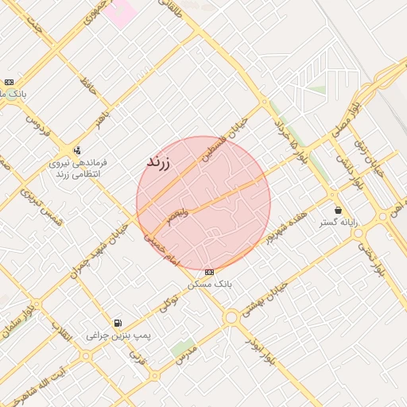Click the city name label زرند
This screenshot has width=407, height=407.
(159, 161)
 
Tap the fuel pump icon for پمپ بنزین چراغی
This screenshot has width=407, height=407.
(118, 323)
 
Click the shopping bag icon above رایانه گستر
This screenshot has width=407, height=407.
(339, 211)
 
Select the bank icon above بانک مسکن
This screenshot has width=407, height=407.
(208, 272)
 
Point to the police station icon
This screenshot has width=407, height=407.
(76, 149)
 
